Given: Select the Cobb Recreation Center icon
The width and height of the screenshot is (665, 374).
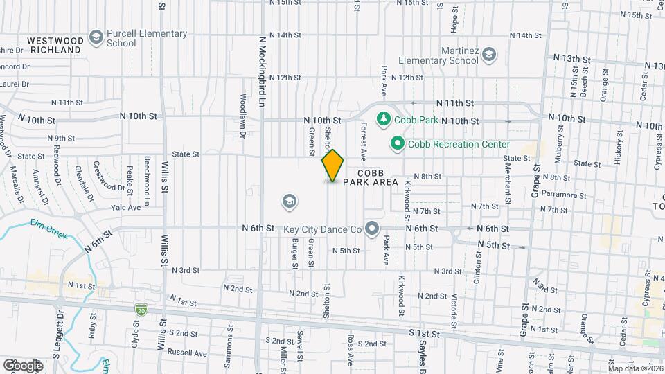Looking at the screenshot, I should coord(397,144).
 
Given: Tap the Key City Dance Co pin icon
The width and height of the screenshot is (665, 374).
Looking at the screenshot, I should coord(373,228).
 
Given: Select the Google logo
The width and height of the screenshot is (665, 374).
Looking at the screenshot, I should coord(23,365).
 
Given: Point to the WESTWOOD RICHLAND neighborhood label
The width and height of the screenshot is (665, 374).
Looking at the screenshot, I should coord(55,46).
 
